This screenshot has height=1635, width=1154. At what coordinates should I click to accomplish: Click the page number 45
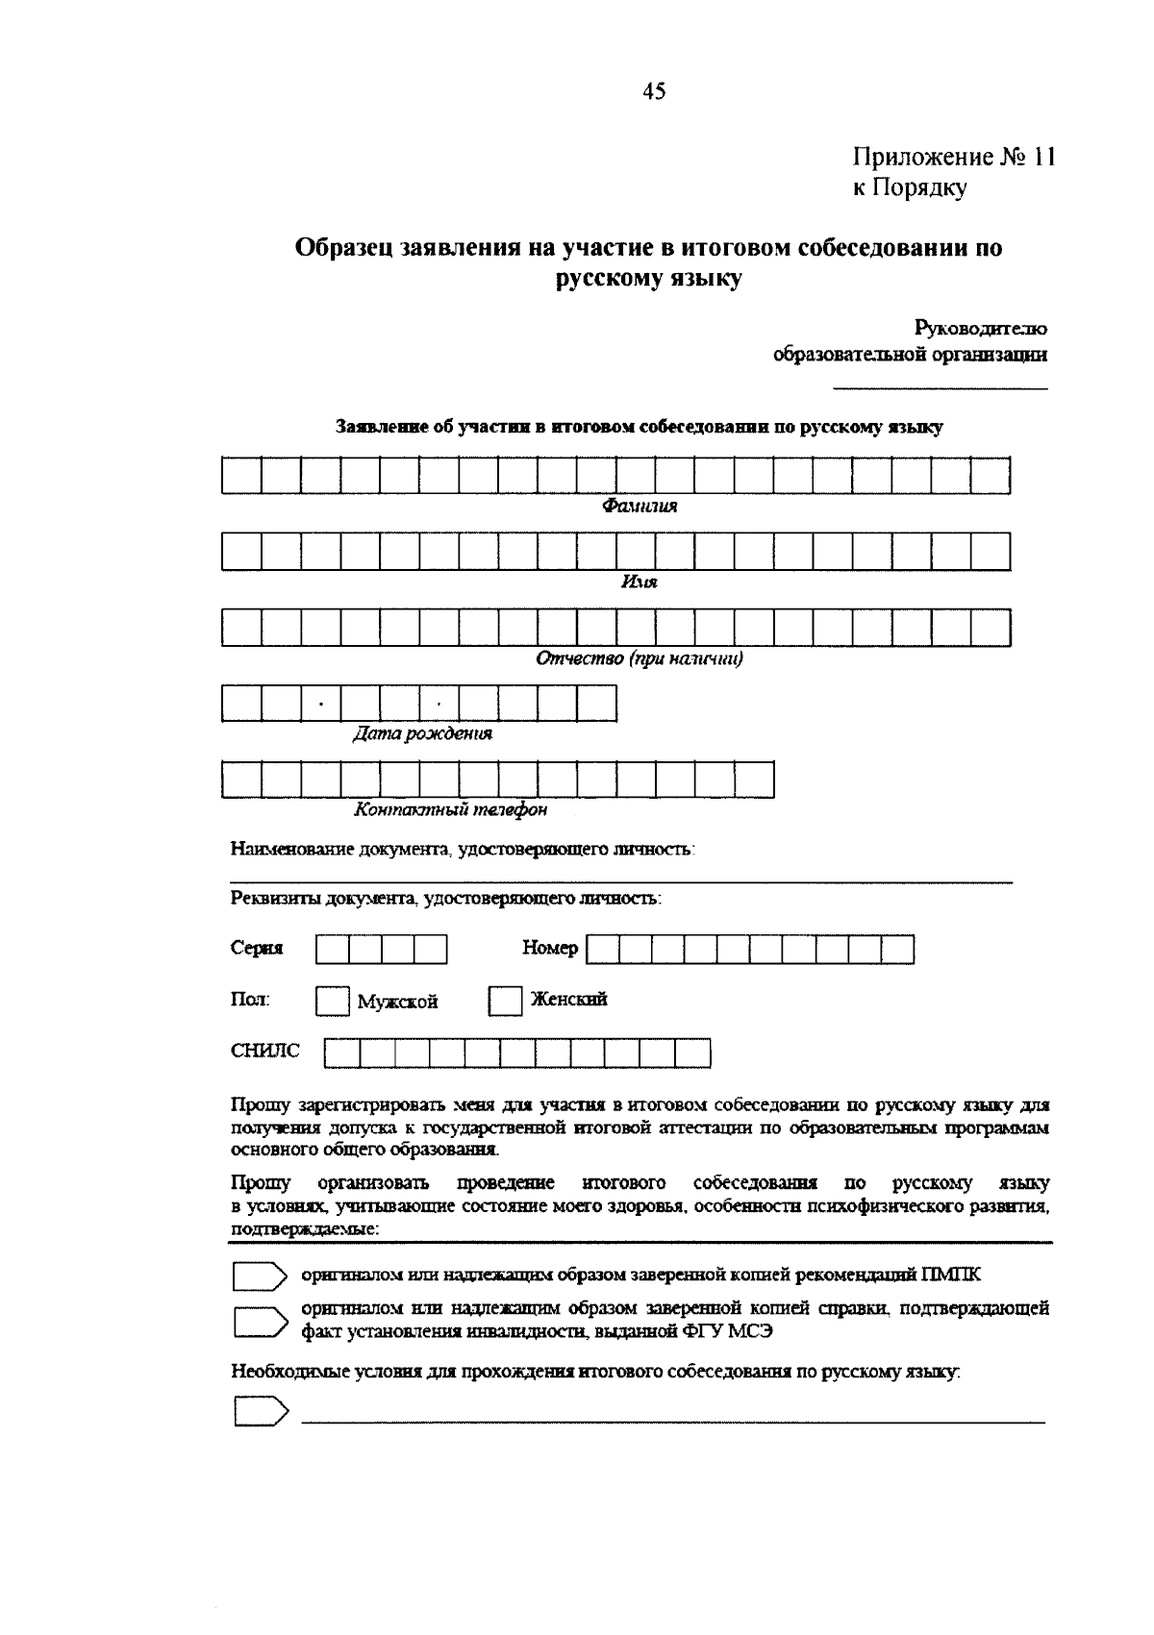(653, 91)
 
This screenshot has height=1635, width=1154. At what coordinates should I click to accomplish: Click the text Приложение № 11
(954, 158)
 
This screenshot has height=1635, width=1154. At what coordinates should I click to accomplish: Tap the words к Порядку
(910, 187)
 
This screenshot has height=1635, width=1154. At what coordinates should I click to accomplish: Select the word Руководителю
(981, 329)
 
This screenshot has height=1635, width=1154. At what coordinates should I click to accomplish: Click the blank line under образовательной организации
(940, 387)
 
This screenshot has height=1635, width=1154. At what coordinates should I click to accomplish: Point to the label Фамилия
(640, 507)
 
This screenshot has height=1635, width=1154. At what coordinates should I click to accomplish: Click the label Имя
(640, 582)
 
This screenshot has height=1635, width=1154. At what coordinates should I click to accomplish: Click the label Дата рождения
(422, 734)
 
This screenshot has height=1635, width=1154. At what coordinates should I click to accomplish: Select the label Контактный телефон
(450, 810)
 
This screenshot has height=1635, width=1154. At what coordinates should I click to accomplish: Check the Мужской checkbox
(332, 1002)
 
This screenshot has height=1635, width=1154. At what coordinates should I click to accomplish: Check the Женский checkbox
(505, 1001)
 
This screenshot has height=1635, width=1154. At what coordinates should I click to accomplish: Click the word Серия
(257, 949)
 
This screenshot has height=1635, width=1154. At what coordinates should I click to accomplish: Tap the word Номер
(550, 949)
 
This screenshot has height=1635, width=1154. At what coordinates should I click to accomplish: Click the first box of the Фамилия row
(241, 476)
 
